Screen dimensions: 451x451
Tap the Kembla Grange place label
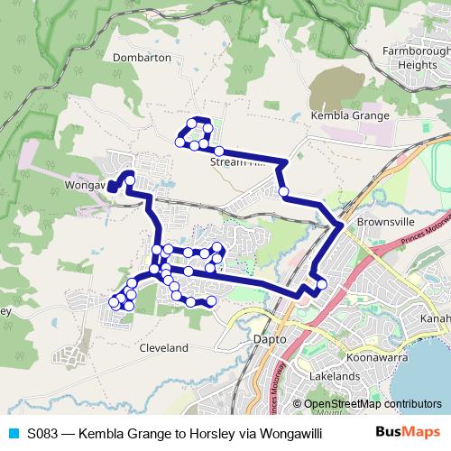(349, 115)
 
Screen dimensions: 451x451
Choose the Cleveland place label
(163, 347)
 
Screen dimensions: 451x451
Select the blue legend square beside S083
(13, 433)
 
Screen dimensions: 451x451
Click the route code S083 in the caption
(44, 433)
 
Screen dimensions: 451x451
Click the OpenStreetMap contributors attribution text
(373, 404)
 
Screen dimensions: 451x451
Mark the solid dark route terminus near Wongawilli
(113, 187)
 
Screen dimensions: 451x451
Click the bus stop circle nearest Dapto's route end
(321, 286)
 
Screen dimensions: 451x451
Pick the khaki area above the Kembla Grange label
(338, 86)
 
